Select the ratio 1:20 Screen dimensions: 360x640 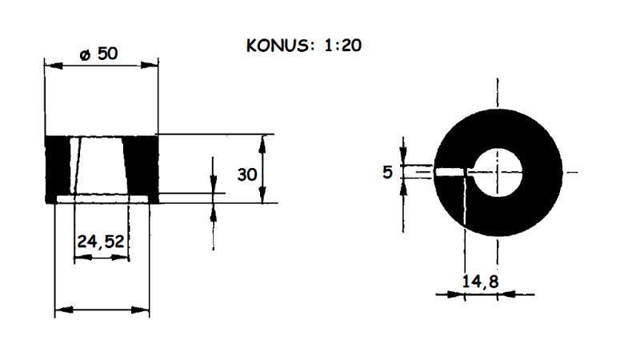coord(342,45)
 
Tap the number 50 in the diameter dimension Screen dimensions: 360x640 coord(108,54)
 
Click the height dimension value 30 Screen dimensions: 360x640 coord(247,173)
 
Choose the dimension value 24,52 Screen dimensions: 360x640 coord(102,240)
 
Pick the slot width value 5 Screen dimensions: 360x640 coord(388,172)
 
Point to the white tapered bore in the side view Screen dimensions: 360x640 coord(102,164)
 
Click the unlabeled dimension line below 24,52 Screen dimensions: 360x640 coord(102,310)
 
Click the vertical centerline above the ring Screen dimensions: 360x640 coord(498,96)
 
